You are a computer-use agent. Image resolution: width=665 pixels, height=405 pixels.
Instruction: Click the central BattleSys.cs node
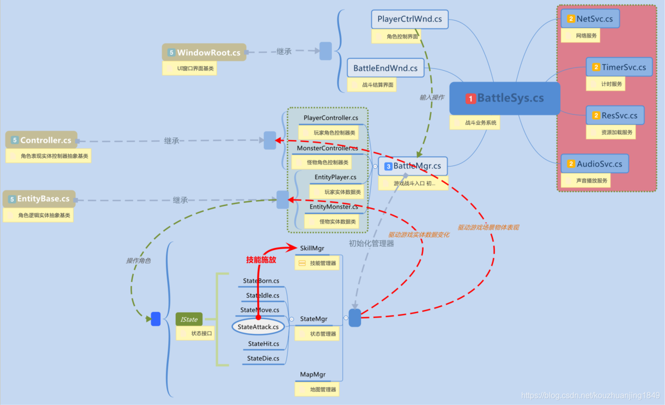coord(504,98)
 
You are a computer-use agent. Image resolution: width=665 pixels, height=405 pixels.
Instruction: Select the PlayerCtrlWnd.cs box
coord(410,19)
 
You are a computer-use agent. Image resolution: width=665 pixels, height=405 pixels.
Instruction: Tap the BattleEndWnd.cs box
coord(385,68)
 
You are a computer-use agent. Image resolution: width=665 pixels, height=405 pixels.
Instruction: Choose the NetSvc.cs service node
coord(590,19)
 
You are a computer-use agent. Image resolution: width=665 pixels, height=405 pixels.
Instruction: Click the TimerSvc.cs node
coord(619,67)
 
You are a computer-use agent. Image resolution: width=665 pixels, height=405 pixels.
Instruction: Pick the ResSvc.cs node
coord(615,115)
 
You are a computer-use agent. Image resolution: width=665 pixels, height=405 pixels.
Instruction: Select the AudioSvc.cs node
coord(594,163)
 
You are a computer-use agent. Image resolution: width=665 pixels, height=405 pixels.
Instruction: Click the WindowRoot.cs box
coord(204,52)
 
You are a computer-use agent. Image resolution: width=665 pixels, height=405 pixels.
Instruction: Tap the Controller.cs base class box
coord(42,140)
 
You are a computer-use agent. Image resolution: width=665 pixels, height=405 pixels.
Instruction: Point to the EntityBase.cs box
coord(39,199)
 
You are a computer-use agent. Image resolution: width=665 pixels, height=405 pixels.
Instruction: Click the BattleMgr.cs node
coord(413,166)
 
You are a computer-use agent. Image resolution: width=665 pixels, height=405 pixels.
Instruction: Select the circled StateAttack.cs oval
coord(258,327)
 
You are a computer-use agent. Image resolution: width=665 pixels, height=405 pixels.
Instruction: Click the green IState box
coord(189,319)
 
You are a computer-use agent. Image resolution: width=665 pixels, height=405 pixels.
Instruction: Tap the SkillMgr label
coord(312,248)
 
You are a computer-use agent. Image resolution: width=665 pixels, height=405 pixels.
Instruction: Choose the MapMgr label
coord(313,374)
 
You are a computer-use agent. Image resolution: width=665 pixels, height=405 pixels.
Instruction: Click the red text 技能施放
coord(261,260)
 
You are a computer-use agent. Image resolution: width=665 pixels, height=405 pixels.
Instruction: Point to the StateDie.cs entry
coord(263,358)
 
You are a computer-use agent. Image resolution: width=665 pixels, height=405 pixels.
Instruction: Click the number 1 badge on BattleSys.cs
coord(471,98)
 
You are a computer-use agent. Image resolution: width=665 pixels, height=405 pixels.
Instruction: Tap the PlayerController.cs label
coord(330,118)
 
